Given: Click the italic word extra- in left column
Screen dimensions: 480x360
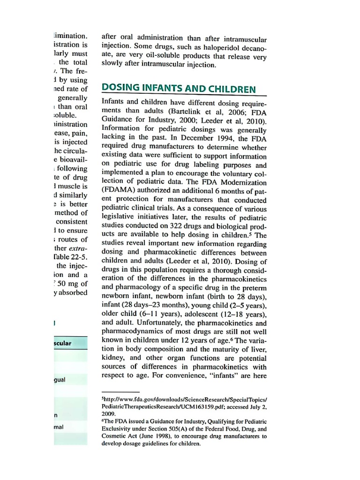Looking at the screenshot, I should point(78,248).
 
